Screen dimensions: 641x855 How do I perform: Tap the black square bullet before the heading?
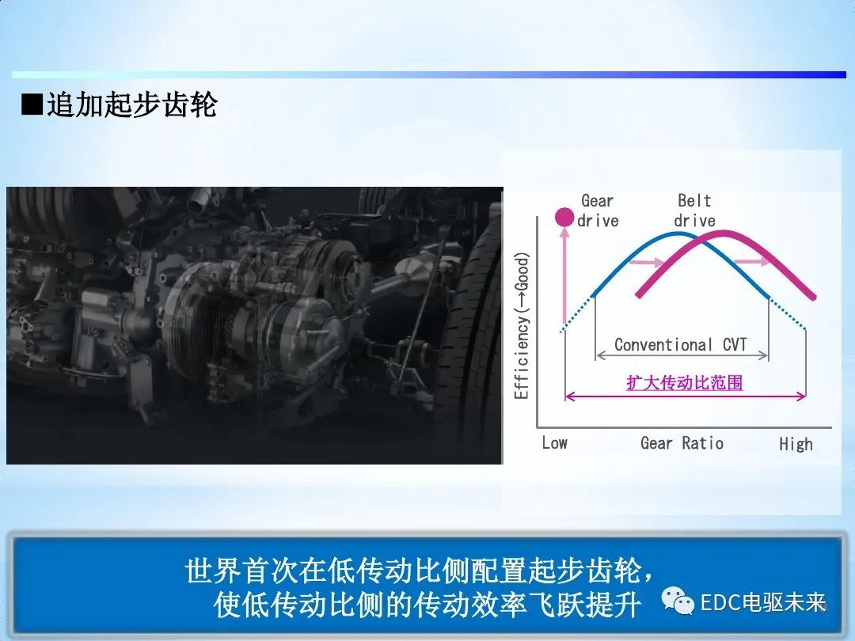click(31, 104)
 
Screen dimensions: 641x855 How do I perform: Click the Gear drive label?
click(598, 211)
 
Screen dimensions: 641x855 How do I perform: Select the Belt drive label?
click(694, 211)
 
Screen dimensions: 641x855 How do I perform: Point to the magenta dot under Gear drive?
click(564, 216)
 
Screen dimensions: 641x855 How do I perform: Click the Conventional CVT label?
click(681, 345)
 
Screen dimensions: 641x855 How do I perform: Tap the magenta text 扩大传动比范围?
click(684, 383)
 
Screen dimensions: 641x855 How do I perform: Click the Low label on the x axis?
click(554, 443)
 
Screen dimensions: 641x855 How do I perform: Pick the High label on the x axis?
click(795, 444)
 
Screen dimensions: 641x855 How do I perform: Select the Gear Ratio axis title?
click(682, 443)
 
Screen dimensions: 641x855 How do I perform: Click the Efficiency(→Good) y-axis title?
click(522, 324)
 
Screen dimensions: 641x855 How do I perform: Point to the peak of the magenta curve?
click(724, 232)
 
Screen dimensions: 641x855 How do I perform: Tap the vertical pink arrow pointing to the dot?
click(564, 277)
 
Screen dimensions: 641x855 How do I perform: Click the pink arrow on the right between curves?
click(751, 260)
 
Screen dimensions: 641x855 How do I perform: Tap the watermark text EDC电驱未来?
click(763, 603)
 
